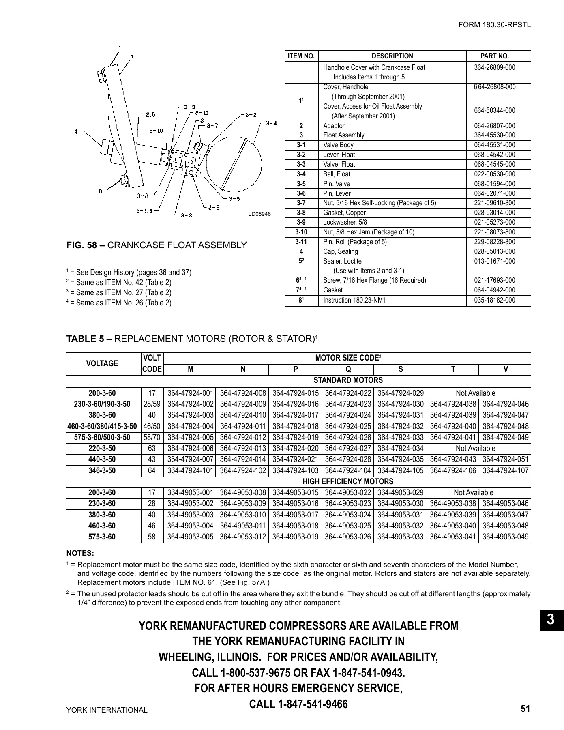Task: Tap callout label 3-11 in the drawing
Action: click(202, 113)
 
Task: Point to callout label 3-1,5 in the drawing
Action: click(144, 211)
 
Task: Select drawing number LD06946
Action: click(259, 214)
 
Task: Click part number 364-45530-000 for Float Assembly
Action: click(494, 135)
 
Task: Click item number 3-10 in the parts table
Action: click(301, 232)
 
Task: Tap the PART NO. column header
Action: click(494, 56)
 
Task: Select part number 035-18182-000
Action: click(494, 300)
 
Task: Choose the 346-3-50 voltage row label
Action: click(102, 471)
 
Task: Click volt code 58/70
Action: click(152, 438)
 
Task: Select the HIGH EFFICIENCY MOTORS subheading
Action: click(348, 482)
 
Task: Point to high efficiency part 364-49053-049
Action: click(505, 537)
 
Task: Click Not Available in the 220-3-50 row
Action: click(475, 449)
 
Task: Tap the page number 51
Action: click(525, 709)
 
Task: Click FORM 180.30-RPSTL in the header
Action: click(494, 25)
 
